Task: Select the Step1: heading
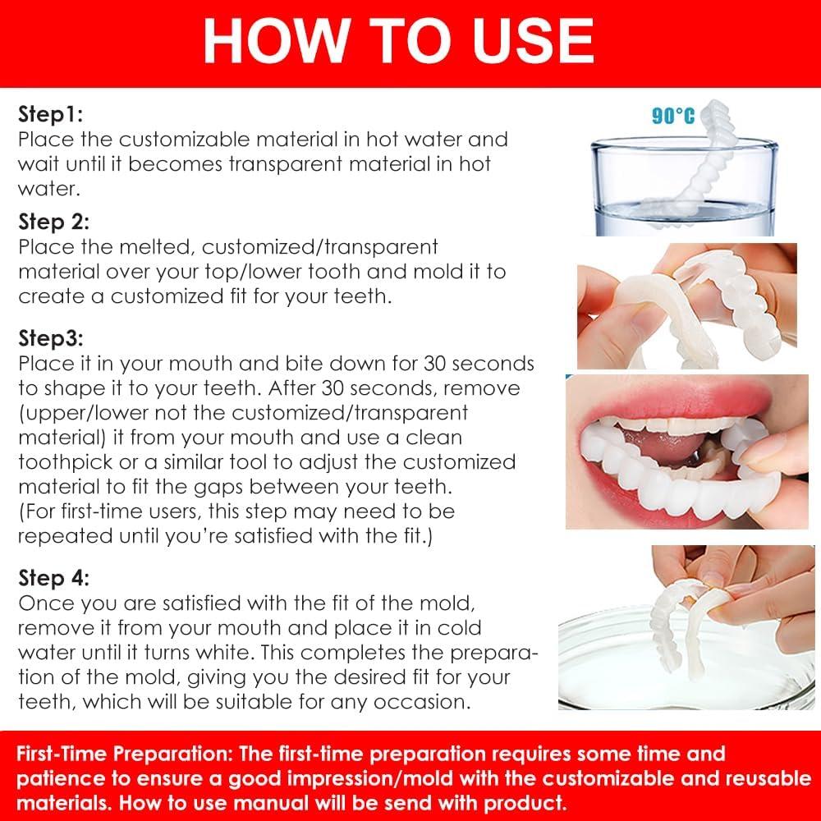point(51,114)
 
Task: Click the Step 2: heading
point(54,222)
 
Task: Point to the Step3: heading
point(52,338)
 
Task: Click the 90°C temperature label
point(672,116)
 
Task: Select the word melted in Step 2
point(154,246)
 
